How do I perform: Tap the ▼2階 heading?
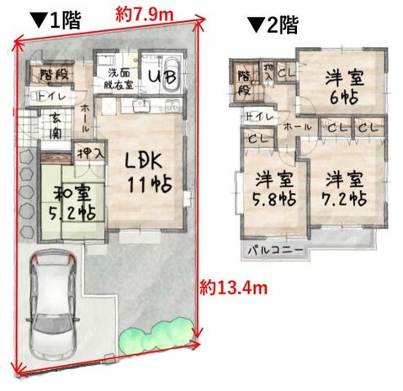tap(272, 25)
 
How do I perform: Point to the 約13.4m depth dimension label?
tap(235, 288)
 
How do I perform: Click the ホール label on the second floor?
tap(299, 126)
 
